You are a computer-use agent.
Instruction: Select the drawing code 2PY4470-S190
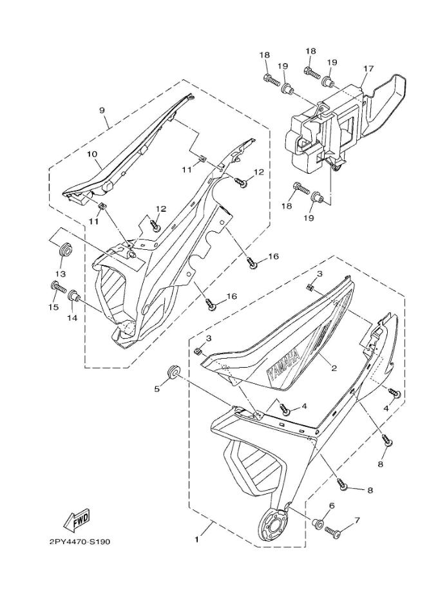pos(80,542)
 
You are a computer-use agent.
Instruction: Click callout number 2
pos(334,368)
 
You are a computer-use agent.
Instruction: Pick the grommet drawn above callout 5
pos(173,372)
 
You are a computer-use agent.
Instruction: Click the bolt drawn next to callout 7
pos(334,531)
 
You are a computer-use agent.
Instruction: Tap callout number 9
pos(102,110)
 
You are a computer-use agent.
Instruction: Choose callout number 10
pos(92,155)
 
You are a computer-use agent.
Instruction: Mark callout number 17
pos(368,68)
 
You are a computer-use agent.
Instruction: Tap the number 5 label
pos(156,388)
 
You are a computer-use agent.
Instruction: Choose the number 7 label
pos(356,520)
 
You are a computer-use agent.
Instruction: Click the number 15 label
pos(54,308)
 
